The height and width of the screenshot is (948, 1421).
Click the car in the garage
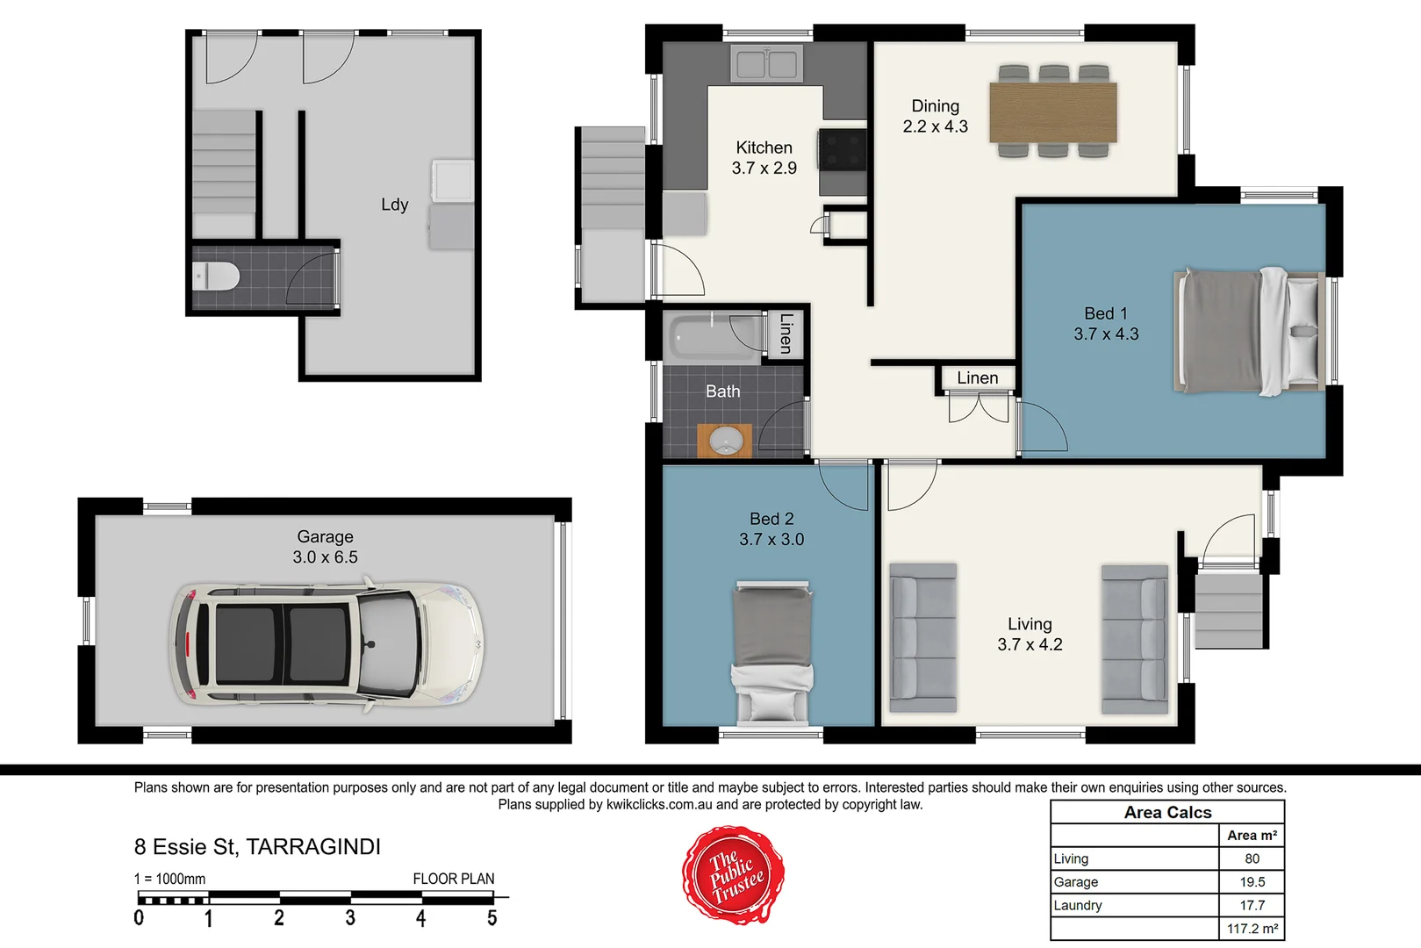326,643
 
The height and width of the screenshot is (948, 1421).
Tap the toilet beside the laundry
216,277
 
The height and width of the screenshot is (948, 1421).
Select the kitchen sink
766,64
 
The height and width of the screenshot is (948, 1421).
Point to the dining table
1053,111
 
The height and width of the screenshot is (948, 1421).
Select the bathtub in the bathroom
715,336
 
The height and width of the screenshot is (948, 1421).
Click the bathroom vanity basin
725,441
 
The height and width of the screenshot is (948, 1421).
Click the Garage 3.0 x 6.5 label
325,547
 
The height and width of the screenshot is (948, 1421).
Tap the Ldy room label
394,205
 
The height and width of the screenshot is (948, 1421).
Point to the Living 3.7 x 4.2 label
1030,634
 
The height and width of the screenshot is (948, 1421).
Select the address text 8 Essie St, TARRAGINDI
257,847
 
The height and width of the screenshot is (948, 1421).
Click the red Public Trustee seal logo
733,875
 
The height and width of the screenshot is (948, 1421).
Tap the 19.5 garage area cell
1252,882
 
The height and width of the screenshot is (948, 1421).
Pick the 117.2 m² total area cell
1252,929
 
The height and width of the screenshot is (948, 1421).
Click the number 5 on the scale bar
492,918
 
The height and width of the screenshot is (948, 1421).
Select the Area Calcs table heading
1167,813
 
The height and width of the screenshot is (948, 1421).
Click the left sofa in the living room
922,638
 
